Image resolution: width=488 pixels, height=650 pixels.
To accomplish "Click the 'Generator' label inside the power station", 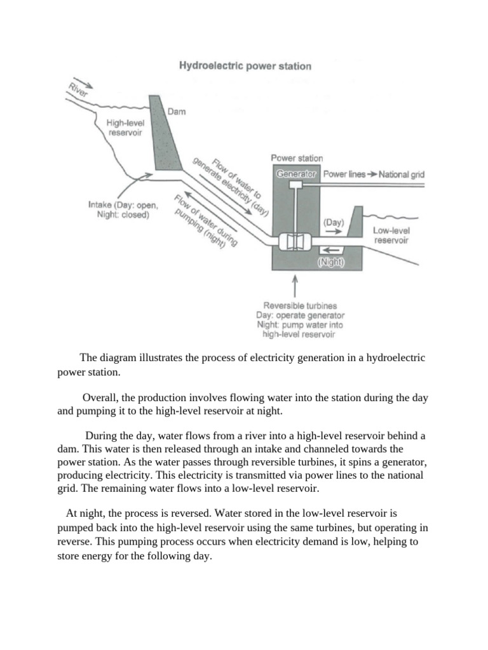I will click(x=296, y=173).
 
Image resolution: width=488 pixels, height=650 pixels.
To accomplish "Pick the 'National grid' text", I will click(x=401, y=174).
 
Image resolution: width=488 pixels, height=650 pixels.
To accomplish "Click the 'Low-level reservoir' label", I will click(x=390, y=235).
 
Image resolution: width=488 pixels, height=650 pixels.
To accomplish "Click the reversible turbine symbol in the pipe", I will click(x=294, y=242).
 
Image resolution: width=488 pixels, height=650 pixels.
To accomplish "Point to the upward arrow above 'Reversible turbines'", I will click(x=295, y=286).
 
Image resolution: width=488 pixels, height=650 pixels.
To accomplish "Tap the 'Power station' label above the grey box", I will click(x=296, y=158).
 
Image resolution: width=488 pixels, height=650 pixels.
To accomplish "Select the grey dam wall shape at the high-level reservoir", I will click(x=162, y=136).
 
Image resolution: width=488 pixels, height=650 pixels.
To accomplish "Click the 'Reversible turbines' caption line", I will click(x=295, y=305).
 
